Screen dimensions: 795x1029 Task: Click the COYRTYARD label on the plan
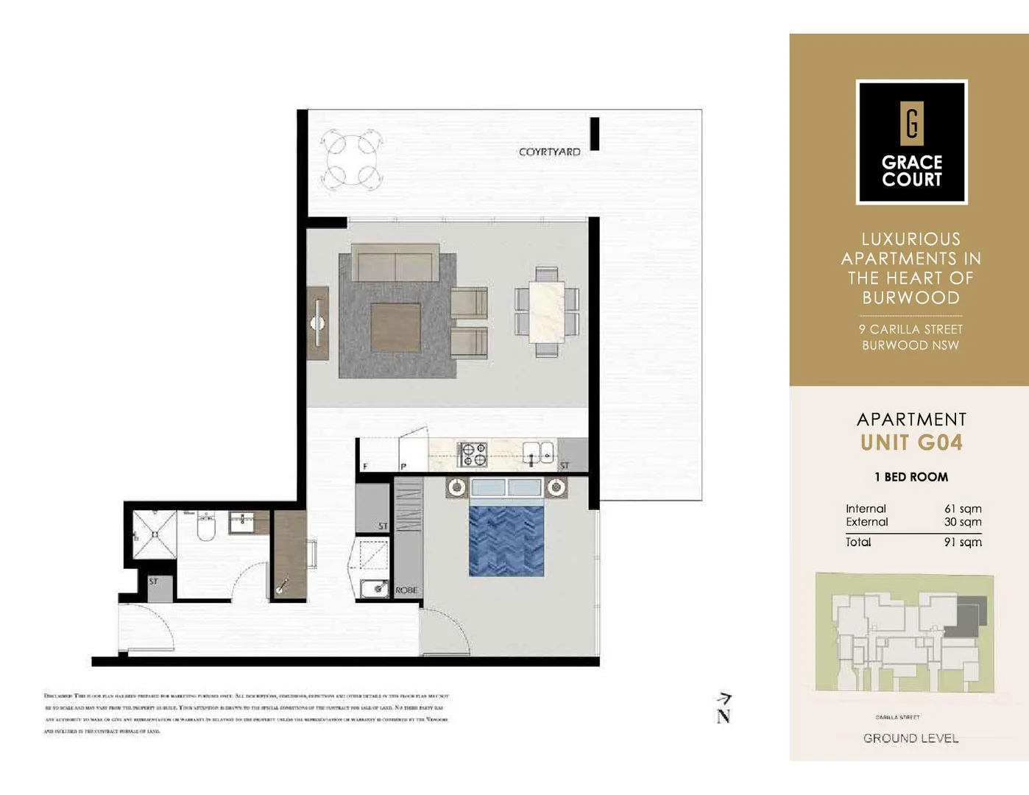point(549,152)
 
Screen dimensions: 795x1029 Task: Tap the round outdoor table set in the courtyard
point(353,159)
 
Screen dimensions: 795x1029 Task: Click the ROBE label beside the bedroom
point(406,590)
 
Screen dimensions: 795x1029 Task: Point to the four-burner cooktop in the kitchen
point(472,454)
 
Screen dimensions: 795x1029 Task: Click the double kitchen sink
point(539,453)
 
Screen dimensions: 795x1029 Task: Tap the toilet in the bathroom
point(206,526)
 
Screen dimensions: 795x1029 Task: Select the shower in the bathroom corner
point(155,534)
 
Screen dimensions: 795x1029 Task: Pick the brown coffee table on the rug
point(395,328)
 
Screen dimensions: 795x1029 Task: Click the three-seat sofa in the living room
point(395,264)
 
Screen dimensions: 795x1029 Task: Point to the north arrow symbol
point(724,708)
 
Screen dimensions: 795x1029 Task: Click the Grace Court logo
point(911,142)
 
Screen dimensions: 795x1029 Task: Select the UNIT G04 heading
point(911,442)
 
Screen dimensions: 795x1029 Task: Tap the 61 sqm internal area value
point(962,509)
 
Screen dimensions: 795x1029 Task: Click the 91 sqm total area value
point(962,542)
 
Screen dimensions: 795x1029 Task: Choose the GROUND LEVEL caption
point(910,738)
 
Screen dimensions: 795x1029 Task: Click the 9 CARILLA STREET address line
point(910,329)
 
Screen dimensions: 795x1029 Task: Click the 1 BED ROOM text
point(911,477)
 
